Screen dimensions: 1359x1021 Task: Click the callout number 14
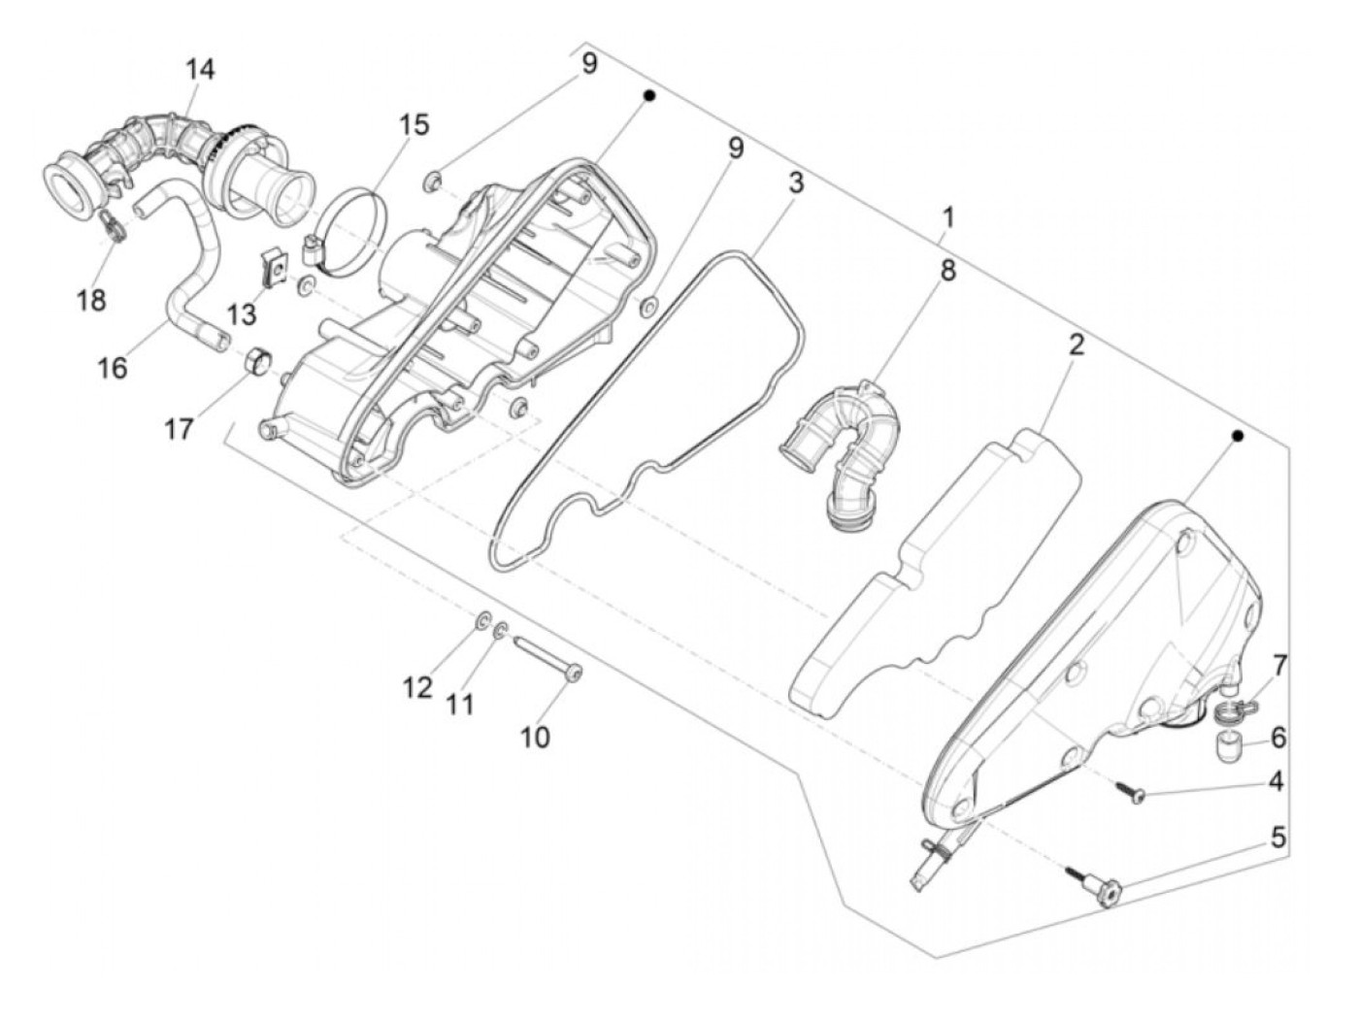tap(201, 69)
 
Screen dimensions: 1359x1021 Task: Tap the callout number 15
tap(414, 125)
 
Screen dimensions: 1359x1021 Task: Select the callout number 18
tap(91, 301)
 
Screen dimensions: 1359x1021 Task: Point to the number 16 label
tap(113, 368)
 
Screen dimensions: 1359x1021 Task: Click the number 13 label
tap(242, 314)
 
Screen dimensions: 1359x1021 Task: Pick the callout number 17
tap(179, 428)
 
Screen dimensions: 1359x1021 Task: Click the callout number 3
tap(796, 182)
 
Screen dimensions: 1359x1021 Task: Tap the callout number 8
tap(947, 271)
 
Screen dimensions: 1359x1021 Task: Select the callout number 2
tap(1077, 345)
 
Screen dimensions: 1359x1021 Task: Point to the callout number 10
tap(536, 737)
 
